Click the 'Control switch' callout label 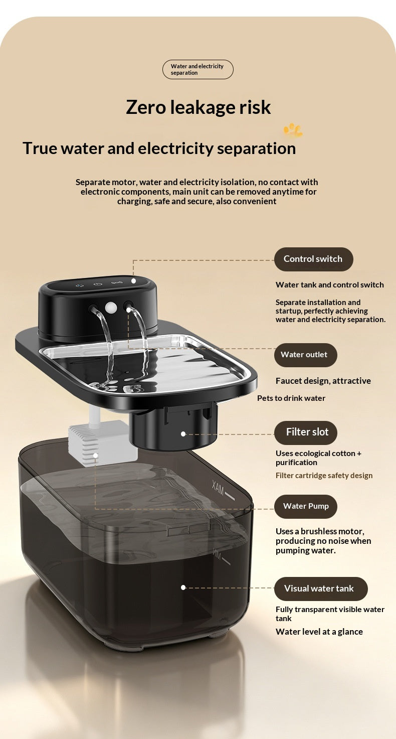[314, 259]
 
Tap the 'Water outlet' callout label [306, 355]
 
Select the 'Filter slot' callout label [306, 432]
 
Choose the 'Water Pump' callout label [306, 506]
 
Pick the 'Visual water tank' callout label [321, 589]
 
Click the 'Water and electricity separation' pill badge [198, 70]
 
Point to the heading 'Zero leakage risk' [198, 107]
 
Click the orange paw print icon [293, 130]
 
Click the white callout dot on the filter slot [183, 434]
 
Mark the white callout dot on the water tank [183, 587]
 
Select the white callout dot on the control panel [133, 281]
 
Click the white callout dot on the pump [95, 455]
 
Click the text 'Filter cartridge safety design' [324, 476]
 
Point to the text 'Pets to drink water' [291, 398]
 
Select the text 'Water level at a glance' [319, 632]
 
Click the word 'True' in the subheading [40, 149]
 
